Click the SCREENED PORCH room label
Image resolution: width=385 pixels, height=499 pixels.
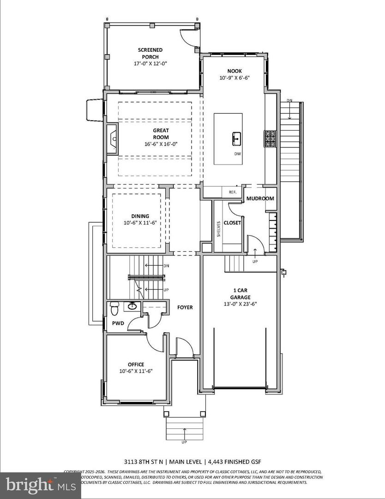click(x=150, y=53)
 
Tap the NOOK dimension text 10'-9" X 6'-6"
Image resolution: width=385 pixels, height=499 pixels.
click(x=235, y=78)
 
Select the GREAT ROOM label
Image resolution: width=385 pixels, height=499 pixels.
click(x=161, y=134)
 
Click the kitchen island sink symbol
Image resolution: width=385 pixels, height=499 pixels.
click(x=236, y=137)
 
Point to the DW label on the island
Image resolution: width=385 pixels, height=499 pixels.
click(x=237, y=154)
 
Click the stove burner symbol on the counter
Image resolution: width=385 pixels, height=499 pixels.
click(x=270, y=138)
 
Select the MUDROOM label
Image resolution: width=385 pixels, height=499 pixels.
click(x=260, y=199)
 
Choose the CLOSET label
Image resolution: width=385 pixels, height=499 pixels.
click(x=232, y=223)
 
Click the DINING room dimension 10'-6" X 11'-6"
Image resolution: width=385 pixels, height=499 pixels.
click(x=140, y=223)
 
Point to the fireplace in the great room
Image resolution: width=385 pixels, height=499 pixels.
click(x=112, y=137)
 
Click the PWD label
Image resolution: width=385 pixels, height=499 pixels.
click(x=118, y=323)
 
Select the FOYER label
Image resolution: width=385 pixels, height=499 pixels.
click(x=185, y=307)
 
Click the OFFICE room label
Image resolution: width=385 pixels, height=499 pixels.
click(x=136, y=364)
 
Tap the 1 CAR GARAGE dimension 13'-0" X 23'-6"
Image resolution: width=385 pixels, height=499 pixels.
click(x=241, y=304)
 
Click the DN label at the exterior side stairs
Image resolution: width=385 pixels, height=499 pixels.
click(x=289, y=101)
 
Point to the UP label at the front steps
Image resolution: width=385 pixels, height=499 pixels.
click(x=185, y=442)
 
